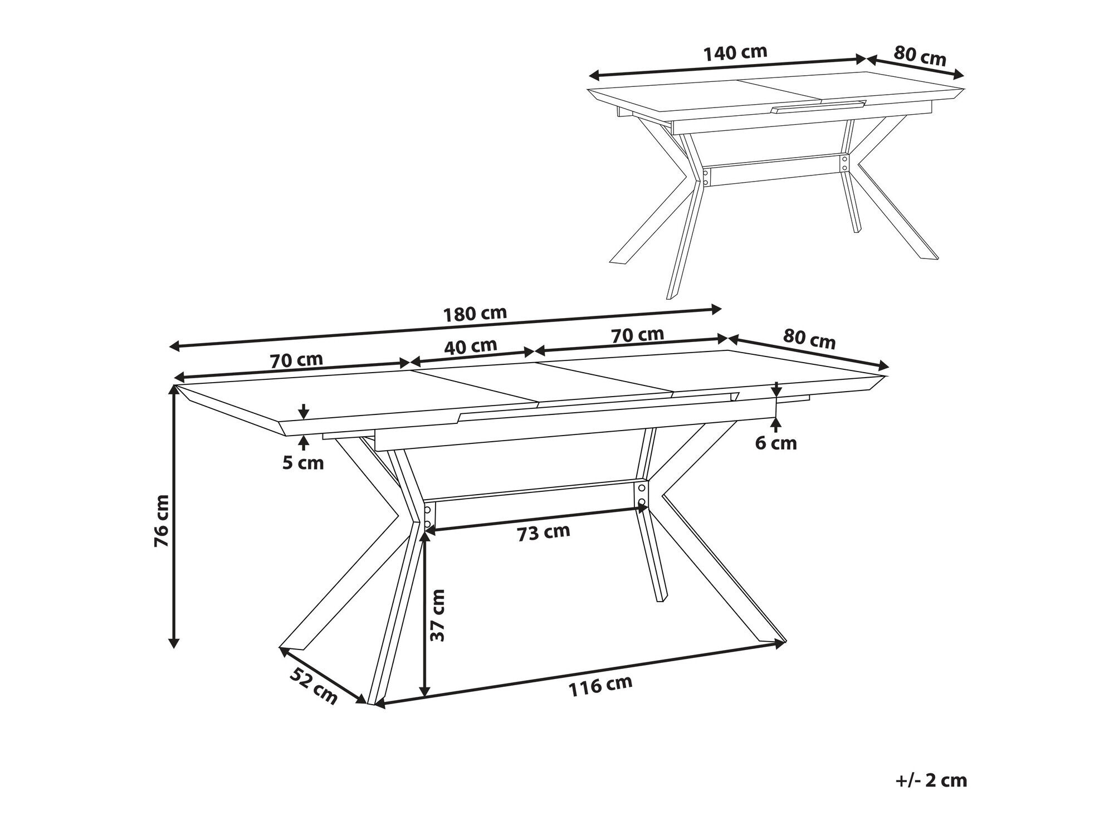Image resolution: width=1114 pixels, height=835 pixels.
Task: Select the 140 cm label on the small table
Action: click(x=735, y=53)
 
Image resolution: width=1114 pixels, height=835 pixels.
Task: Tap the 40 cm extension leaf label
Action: click(x=471, y=346)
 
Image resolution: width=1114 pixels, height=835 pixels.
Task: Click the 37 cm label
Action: click(x=439, y=615)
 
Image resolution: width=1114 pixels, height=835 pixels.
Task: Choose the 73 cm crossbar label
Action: click(x=544, y=533)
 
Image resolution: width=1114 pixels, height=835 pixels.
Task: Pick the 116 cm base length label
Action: click(x=600, y=686)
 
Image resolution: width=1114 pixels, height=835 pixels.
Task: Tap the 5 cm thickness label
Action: click(x=303, y=462)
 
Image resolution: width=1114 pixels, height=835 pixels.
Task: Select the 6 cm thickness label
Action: click(x=776, y=443)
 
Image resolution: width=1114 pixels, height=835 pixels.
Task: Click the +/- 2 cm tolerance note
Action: click(x=932, y=780)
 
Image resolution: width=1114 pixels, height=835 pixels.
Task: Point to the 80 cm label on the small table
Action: click(x=920, y=56)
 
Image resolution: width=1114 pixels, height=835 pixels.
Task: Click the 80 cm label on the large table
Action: click(x=809, y=339)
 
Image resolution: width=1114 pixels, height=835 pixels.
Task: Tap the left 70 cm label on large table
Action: click(x=296, y=360)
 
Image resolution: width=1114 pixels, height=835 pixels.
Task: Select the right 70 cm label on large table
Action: click(x=638, y=335)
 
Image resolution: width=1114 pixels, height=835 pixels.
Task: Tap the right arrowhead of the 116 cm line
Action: click(x=779, y=644)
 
